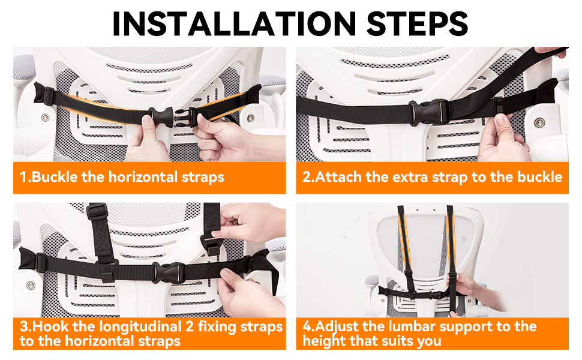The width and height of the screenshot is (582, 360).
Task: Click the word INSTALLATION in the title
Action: pos(234,24)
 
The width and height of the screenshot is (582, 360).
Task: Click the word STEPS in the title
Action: pos(418,24)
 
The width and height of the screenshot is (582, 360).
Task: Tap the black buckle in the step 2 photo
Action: pos(430,112)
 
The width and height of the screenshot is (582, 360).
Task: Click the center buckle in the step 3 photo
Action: pos(169,273)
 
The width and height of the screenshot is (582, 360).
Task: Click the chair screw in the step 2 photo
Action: pos(539,122)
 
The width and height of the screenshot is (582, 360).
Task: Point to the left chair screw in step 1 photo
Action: pos(45,118)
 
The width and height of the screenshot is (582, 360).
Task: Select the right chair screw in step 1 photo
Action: pos(251,118)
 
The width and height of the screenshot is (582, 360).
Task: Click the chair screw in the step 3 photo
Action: pos(31,286)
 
